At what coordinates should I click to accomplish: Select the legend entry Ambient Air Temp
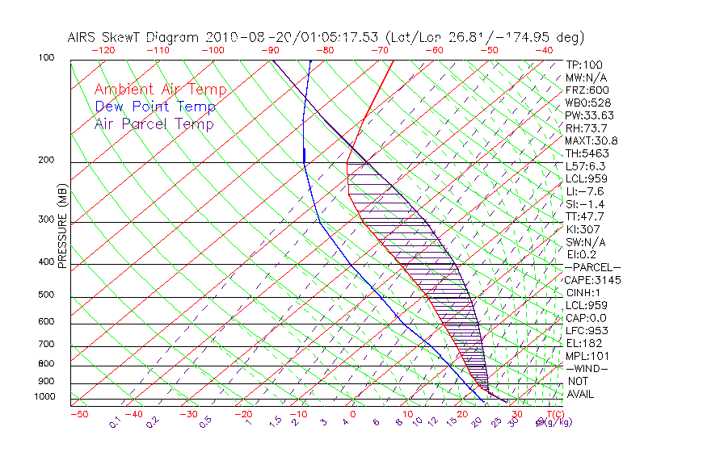click(161, 90)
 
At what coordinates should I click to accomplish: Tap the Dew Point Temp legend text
click(155, 107)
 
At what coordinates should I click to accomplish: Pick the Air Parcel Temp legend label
click(154, 124)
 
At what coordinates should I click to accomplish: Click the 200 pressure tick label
click(45, 161)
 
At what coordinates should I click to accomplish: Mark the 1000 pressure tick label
click(43, 397)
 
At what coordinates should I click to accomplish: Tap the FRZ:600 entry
click(587, 90)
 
